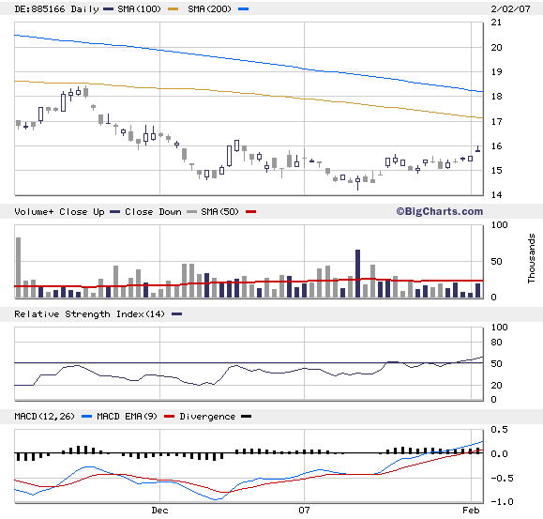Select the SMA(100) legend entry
pyautogui.click(x=119, y=8)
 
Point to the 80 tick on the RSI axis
pyautogui.click(x=499, y=344)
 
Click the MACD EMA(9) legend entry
pyautogui.click(x=125, y=416)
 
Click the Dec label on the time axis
pyautogui.click(x=159, y=511)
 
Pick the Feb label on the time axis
pyautogui.click(x=472, y=511)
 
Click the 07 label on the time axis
pyautogui.click(x=304, y=511)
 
